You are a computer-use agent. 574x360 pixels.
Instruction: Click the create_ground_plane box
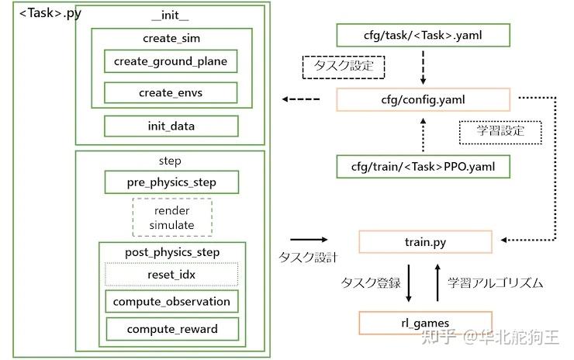tap(171, 61)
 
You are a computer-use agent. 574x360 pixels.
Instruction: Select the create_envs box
tap(171, 92)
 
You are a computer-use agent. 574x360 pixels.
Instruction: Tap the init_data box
tap(171, 126)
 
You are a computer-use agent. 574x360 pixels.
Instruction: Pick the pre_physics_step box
tap(171, 182)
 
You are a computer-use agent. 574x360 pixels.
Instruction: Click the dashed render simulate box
tap(172, 217)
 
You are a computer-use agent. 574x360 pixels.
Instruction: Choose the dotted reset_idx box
tap(171, 275)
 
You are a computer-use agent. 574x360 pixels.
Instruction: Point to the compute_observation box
tap(171, 301)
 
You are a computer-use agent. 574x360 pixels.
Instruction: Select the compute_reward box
tap(172, 329)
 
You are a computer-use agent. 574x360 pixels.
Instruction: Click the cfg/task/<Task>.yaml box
tap(424, 35)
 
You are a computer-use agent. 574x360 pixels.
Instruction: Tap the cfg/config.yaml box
tap(424, 99)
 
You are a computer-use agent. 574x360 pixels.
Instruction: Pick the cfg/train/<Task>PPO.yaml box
tap(424, 167)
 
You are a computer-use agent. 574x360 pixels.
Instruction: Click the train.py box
tap(425, 242)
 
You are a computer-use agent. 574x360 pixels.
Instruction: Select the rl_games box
tap(425, 323)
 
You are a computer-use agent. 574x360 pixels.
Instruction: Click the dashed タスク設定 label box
tap(344, 67)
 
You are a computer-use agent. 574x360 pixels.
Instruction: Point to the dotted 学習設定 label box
tap(500, 132)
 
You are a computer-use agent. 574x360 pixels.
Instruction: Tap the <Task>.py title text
tap(50, 13)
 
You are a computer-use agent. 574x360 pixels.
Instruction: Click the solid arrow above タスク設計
tap(309, 240)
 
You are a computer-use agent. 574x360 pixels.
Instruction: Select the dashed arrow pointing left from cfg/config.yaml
tap(300, 99)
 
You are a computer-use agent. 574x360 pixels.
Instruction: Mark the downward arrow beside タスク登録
tap(409, 282)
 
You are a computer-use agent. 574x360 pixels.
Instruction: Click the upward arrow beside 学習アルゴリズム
tap(437, 282)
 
